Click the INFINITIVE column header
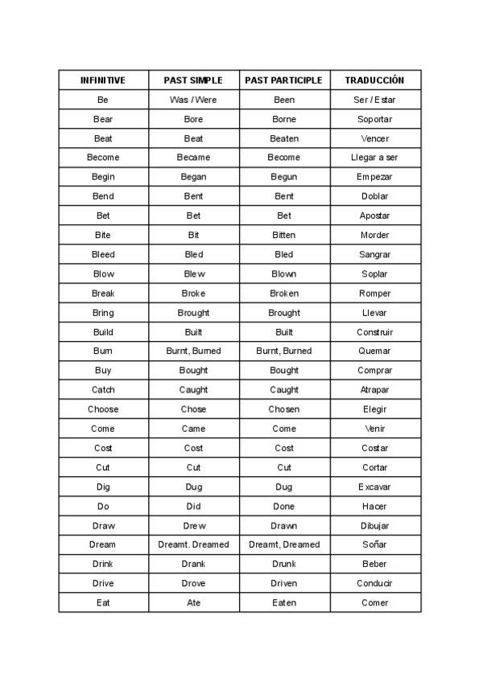pyautogui.click(x=103, y=80)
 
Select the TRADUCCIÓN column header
pyautogui.click(x=374, y=80)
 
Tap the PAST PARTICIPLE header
pyautogui.click(x=283, y=80)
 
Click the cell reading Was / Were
pyautogui.click(x=193, y=100)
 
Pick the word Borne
pyautogui.click(x=283, y=119)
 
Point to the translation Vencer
pyautogui.click(x=374, y=138)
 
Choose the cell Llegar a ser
pyautogui.click(x=374, y=158)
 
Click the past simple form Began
pyautogui.click(x=193, y=177)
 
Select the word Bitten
pyautogui.click(x=283, y=235)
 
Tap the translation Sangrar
pyautogui.click(x=374, y=254)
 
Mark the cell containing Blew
pyautogui.click(x=193, y=273)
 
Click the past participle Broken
pyautogui.click(x=283, y=294)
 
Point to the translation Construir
pyautogui.click(x=374, y=332)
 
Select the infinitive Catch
pyautogui.click(x=103, y=390)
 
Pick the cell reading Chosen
pyautogui.click(x=283, y=409)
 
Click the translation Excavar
pyautogui.click(x=374, y=487)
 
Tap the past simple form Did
pyautogui.click(x=193, y=507)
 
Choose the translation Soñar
pyautogui.click(x=374, y=544)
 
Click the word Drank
pyautogui.click(x=193, y=564)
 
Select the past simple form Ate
pyautogui.click(x=193, y=602)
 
